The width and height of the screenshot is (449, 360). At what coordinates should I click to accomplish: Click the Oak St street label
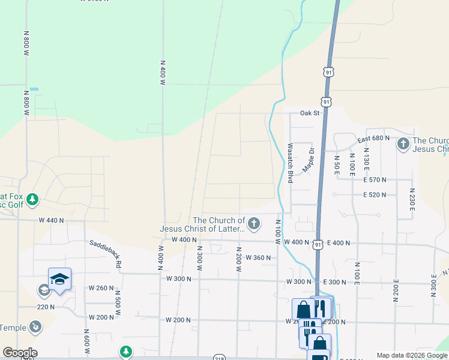pyautogui.click(x=312, y=113)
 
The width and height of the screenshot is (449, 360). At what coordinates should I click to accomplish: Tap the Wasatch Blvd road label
pyautogui.click(x=290, y=163)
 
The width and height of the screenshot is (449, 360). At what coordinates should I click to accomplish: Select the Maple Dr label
pyautogui.click(x=309, y=160)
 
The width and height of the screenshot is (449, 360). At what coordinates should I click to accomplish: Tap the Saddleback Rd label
pyautogui.click(x=106, y=253)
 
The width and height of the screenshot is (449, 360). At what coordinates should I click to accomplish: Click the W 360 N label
pyautogui.click(x=258, y=257)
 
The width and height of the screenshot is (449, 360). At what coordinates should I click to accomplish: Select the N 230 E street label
pyautogui.click(x=412, y=199)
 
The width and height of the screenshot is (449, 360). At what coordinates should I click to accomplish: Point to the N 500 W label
pyautogui.click(x=118, y=300)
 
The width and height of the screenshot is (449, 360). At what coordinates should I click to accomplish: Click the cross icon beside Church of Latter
pyautogui.click(x=254, y=224)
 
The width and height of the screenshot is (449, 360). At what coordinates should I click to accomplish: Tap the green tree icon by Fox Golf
pyautogui.click(x=34, y=199)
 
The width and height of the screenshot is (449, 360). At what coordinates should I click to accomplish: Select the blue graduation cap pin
pyautogui.click(x=59, y=279)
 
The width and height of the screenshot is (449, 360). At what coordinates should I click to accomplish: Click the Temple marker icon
pyautogui.click(x=37, y=327)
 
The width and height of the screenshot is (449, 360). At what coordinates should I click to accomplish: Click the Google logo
pyautogui.click(x=19, y=353)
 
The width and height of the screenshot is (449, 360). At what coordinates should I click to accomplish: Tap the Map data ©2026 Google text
pyautogui.click(x=412, y=355)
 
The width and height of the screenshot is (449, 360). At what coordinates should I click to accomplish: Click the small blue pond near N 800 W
pyautogui.click(x=34, y=89)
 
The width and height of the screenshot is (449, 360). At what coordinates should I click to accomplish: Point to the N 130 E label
pyautogui.click(x=366, y=163)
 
